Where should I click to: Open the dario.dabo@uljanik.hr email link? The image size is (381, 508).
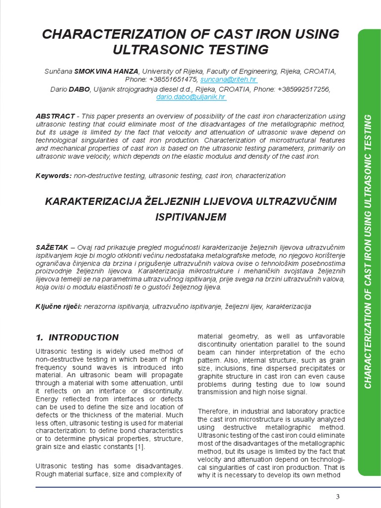(x=191, y=97)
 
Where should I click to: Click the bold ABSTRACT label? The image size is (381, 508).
(x=55, y=116)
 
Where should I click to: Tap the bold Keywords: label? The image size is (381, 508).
(x=54, y=176)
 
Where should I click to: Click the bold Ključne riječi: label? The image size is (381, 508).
(x=59, y=307)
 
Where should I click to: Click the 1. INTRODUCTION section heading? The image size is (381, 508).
(x=77, y=337)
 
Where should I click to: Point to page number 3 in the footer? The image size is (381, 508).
(x=337, y=497)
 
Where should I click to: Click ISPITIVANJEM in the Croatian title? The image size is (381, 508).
(x=191, y=217)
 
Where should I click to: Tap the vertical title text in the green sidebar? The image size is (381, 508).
(x=368, y=248)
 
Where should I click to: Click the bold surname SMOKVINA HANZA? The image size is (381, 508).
(x=107, y=71)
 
